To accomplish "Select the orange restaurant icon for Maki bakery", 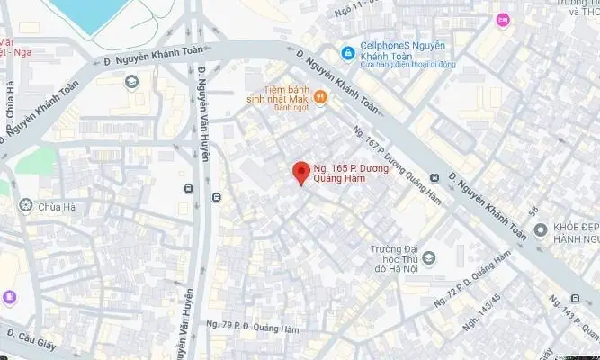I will pos(319,97).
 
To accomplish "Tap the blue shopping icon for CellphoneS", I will pos(348,51).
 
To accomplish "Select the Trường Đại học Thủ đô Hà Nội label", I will pos(399,261).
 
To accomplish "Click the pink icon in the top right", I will pos(502,18).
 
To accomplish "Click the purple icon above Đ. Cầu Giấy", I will pos(9,296).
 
